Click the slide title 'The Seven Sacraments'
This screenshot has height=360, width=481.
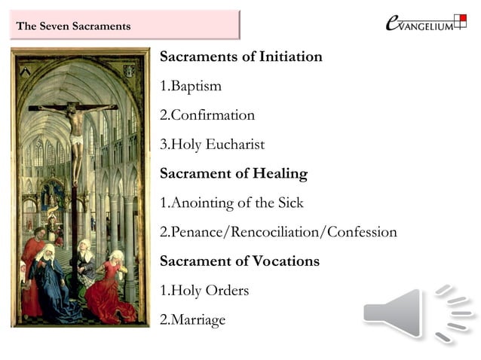tap(74, 26)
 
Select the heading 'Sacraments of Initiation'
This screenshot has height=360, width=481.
tap(241, 57)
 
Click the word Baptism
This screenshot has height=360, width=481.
tap(196, 87)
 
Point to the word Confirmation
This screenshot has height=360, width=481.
tap(213, 116)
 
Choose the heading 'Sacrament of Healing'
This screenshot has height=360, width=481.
tap(234, 174)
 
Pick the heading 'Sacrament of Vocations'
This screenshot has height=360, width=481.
tap(240, 261)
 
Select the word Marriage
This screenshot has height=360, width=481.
tap(198, 319)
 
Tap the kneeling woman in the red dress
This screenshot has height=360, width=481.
tap(113, 286)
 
